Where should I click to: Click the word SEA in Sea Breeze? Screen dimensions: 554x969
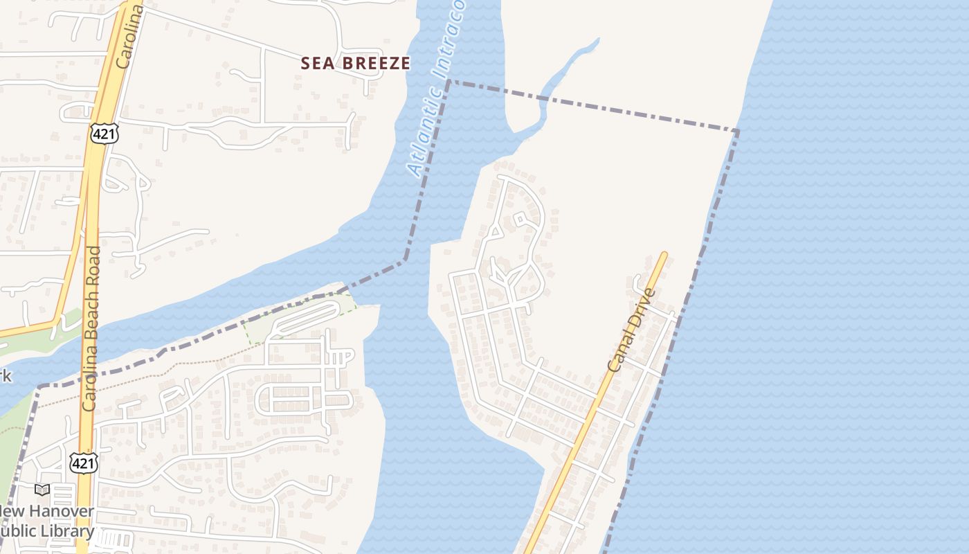tap(316, 64)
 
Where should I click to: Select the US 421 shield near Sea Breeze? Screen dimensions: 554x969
tap(104, 133)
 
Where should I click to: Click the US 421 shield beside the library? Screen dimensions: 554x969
tap(82, 463)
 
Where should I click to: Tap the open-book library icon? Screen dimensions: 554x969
tap(42, 490)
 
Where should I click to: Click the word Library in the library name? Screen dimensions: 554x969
tap(66, 532)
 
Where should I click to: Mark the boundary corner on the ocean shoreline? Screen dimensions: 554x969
tap(738, 130)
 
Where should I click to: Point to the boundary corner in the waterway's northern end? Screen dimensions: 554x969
tap(449, 81)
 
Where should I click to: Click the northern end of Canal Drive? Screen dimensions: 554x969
tap(664, 255)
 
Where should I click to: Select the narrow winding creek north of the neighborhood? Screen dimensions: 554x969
tap(554, 90)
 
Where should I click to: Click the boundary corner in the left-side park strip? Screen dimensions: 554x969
tap(39, 386)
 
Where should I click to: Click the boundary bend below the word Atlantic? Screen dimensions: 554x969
tap(405, 260)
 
